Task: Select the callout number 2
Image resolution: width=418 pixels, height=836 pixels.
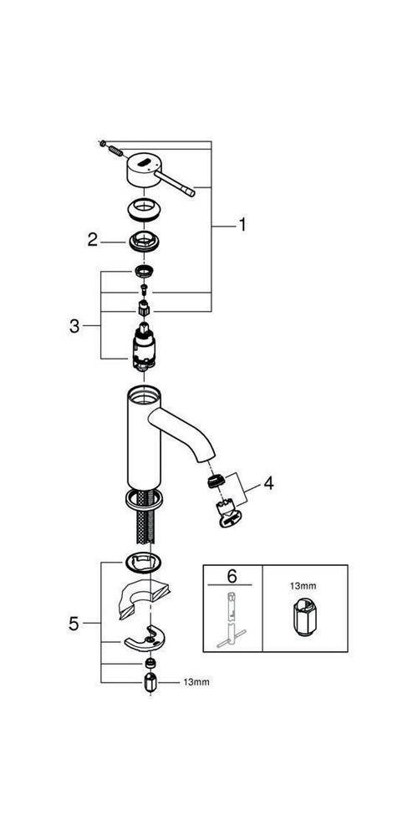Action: [93, 241]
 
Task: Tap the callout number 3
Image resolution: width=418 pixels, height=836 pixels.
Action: [75, 326]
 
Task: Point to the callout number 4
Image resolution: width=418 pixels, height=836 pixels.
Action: [268, 482]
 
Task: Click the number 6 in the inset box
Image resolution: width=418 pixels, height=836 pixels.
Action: [232, 578]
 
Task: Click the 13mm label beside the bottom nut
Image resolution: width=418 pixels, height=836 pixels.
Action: [196, 682]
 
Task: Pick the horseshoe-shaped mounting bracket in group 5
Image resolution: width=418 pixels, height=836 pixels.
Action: [145, 640]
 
